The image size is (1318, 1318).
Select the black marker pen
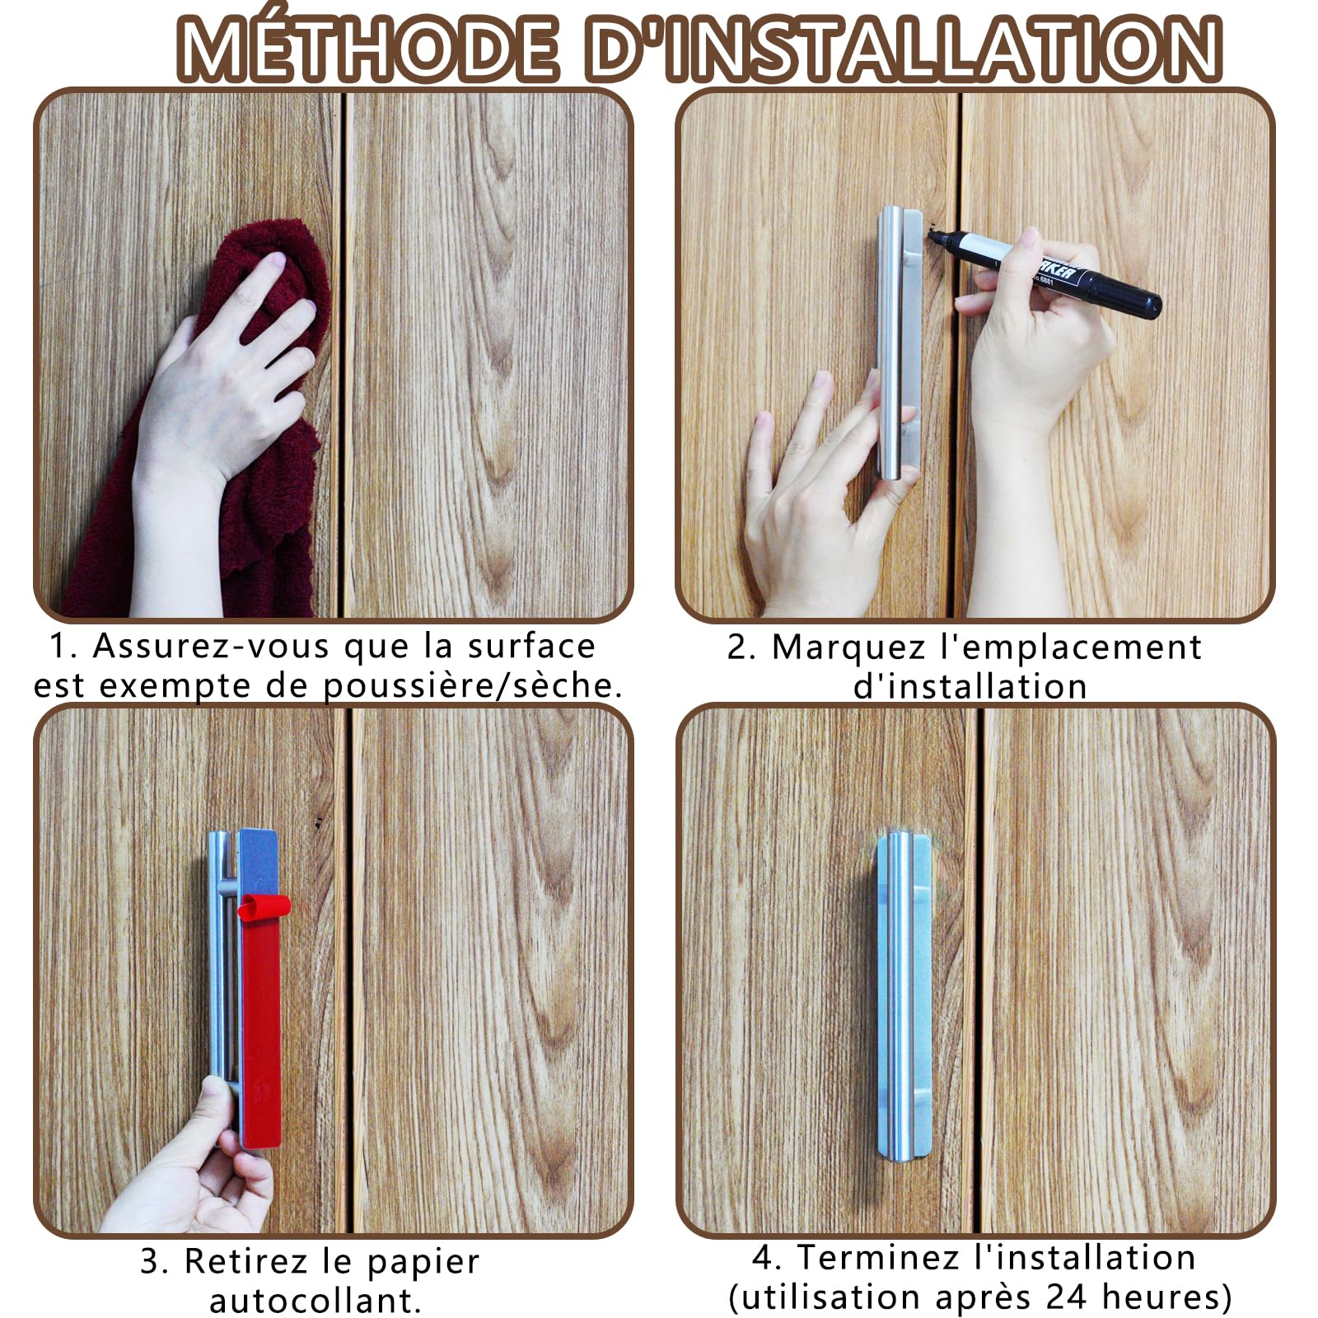tap(1063, 272)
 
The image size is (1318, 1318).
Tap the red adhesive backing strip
tap(262, 1030)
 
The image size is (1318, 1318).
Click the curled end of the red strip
tap(264, 906)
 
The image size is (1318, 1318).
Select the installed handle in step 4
tap(903, 997)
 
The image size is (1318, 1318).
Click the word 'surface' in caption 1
tap(530, 646)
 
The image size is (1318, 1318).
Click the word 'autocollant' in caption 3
tap(314, 1302)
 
